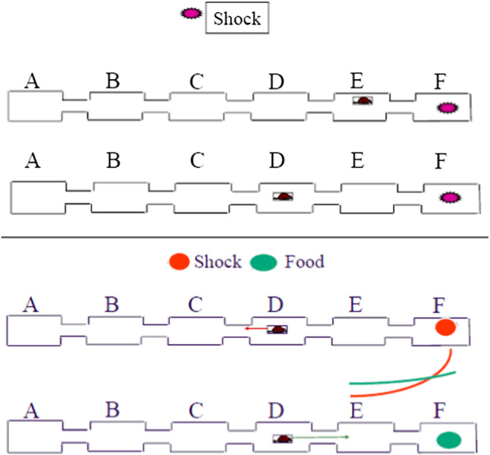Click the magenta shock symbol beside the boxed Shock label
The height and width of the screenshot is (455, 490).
coord(190,15)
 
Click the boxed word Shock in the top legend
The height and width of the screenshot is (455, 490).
coord(237,18)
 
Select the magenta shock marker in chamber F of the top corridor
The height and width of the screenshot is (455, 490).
coord(448,109)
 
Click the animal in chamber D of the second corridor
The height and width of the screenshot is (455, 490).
coord(284,196)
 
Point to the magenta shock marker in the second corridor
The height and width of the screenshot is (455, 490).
coord(450,198)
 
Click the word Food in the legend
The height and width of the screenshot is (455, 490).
coord(304,262)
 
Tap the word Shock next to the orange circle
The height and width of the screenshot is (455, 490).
coord(218,262)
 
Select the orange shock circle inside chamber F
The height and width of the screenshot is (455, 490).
coord(446,328)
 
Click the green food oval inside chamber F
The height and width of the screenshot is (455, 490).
coord(449,440)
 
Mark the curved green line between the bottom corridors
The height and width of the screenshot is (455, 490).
coord(402,380)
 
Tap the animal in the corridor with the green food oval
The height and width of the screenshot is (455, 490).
coord(284,438)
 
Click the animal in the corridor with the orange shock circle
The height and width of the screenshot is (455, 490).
coord(279,330)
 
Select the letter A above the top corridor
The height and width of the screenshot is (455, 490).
coord(32,81)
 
